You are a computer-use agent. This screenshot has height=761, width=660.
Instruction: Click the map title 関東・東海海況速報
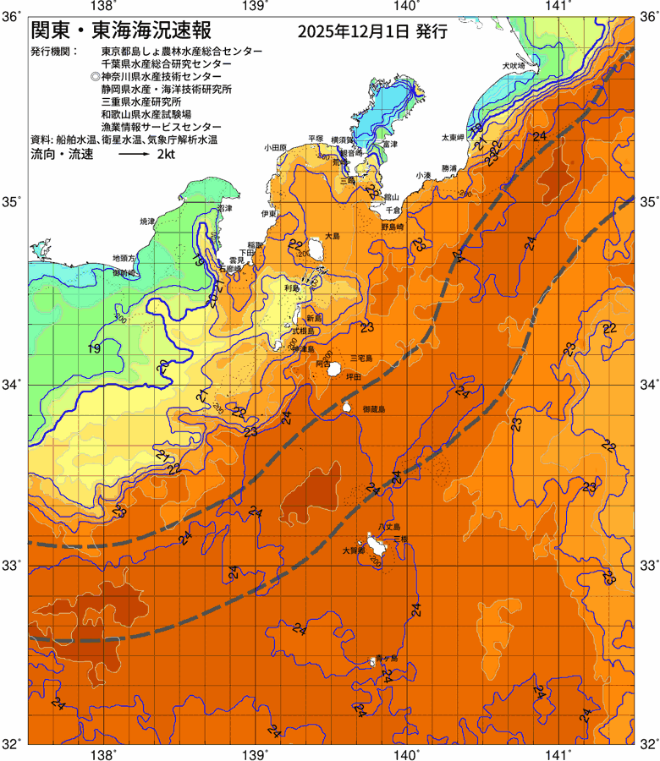[118, 32]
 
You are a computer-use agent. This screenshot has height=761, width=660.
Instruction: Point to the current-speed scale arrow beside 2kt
[134, 156]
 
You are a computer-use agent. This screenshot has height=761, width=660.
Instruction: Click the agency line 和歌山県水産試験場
[146, 113]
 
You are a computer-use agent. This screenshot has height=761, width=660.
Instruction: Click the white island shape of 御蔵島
[347, 407]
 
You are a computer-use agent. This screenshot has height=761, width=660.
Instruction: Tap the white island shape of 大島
[318, 250]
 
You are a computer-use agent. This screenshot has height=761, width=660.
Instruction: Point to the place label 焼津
[148, 222]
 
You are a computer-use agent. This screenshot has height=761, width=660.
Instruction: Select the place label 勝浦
[449, 168]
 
